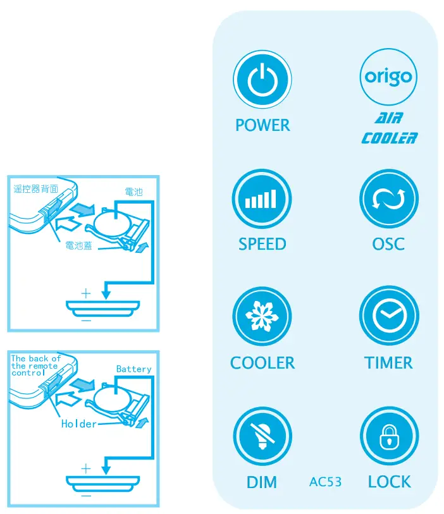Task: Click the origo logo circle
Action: tap(388, 78)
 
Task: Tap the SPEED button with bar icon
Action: tap(262, 199)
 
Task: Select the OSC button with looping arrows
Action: tap(388, 199)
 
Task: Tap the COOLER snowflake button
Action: tap(262, 317)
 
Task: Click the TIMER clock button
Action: tap(388, 317)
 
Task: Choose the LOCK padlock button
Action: tap(388, 437)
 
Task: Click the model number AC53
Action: tap(326, 482)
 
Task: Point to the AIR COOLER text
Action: tap(388, 128)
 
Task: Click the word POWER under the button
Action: tap(262, 125)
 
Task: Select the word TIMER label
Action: tap(388, 363)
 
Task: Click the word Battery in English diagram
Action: tap(133, 369)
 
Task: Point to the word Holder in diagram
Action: tap(78, 424)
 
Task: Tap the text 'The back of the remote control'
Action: tap(35, 365)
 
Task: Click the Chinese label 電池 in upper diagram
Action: tap(133, 192)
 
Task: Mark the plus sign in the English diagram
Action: tap(86, 468)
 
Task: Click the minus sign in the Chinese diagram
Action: tap(86, 321)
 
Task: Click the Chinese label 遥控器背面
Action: tap(36, 188)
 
